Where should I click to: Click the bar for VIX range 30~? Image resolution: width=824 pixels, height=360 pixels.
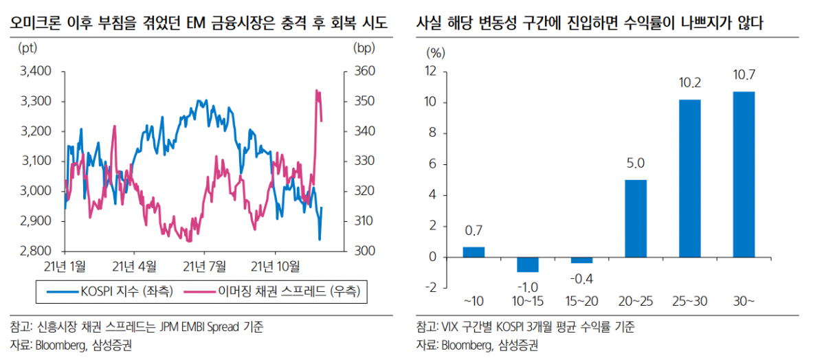tap(744, 175)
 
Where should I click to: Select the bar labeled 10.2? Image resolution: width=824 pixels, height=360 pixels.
tap(689, 179)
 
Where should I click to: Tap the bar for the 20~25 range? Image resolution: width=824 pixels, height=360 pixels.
tap(636, 218)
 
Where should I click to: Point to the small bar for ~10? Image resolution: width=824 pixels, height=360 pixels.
tap(474, 252)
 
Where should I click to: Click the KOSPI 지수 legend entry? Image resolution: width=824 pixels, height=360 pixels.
tap(109, 292)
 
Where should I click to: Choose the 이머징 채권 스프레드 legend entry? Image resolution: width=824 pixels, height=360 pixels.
tap(276, 292)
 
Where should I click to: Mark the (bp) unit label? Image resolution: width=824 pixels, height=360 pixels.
tap(364, 49)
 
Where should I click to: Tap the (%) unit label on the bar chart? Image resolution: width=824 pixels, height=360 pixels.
tap(436, 52)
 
